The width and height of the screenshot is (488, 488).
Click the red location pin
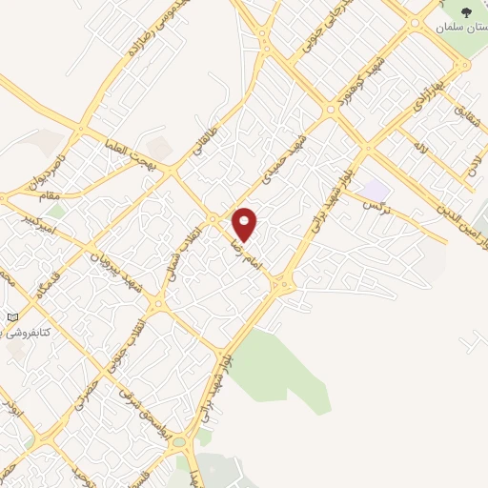(246, 224)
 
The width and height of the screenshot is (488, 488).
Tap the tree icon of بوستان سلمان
(465, 12)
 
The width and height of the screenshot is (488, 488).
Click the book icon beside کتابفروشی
(11, 316)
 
